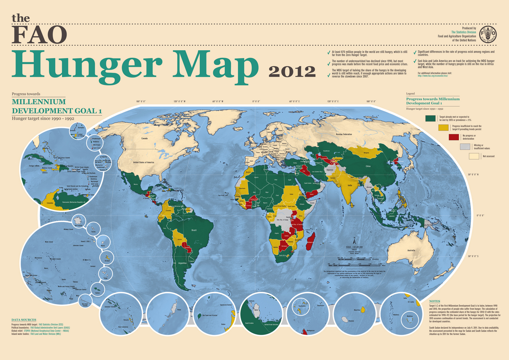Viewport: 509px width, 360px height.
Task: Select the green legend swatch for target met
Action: point(430,118)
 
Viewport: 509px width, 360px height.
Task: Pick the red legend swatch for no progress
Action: point(453,137)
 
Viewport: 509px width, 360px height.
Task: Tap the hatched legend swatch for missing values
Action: point(465,146)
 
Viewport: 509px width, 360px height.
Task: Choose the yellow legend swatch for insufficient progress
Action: point(443,128)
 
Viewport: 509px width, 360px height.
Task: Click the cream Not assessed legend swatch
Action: point(474,156)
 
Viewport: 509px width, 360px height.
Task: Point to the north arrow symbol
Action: point(354,241)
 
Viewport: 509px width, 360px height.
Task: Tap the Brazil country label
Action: point(194,230)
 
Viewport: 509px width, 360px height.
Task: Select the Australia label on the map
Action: point(411,251)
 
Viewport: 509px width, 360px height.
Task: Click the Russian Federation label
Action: point(344,134)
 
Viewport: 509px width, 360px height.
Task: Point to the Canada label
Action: point(144,138)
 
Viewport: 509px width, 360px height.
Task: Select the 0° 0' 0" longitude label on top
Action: point(256,102)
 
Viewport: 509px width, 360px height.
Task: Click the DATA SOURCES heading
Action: point(24,320)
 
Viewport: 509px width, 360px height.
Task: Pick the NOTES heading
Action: point(434,301)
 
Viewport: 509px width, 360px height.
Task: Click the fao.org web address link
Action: point(432,76)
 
